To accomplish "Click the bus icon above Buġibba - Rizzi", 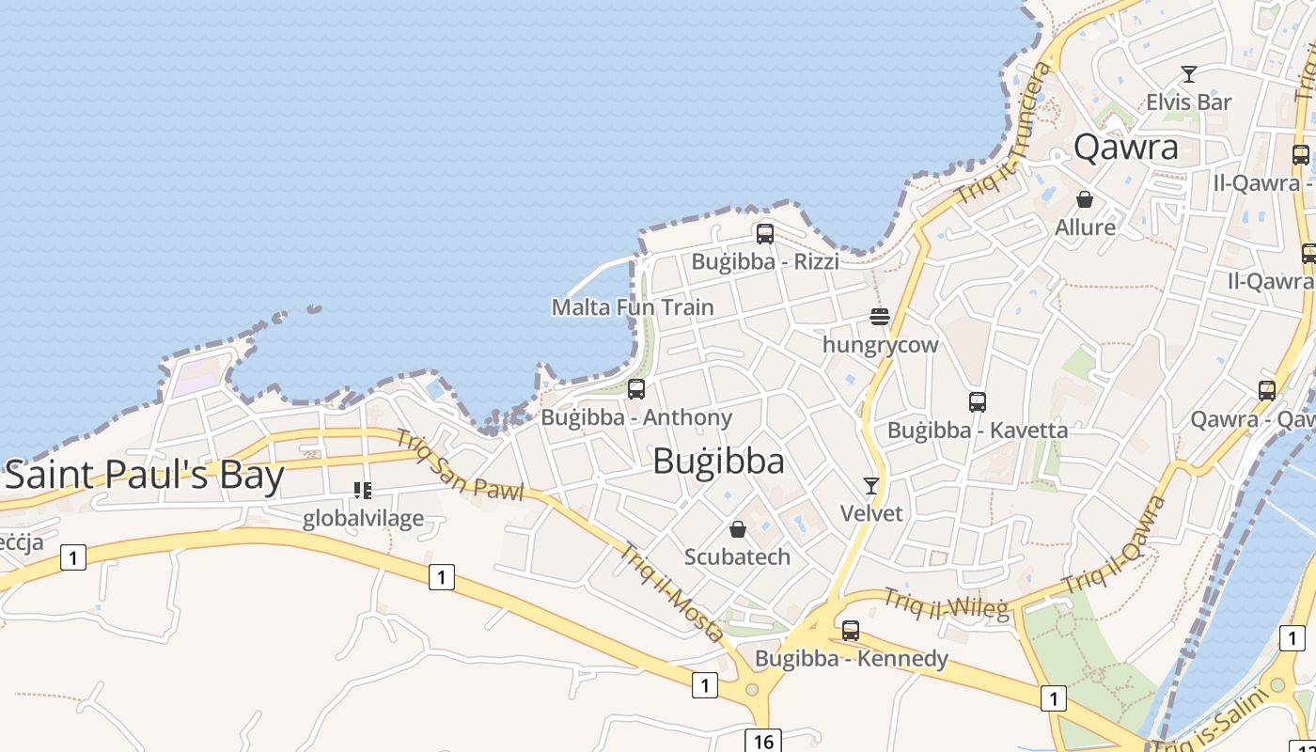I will click(x=765, y=234).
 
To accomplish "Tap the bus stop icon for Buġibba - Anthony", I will click(x=636, y=389).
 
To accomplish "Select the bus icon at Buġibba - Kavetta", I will click(x=978, y=402).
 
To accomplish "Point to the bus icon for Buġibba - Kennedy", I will click(x=851, y=631).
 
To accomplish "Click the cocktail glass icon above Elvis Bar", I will click(x=1189, y=74).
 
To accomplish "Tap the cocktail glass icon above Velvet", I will click(x=871, y=486).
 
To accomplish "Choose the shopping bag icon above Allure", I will click(x=1085, y=199).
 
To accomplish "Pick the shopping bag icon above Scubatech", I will click(x=738, y=529).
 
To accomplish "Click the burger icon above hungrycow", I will click(x=880, y=317).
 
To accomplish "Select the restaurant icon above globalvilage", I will click(x=363, y=490).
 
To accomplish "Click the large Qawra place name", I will click(x=1125, y=148).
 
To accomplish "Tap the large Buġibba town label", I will click(x=718, y=462).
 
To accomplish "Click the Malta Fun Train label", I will click(x=632, y=307).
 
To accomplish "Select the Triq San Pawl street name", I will click(x=459, y=464).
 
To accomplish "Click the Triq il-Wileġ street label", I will click(x=946, y=603).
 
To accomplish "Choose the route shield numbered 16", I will click(x=763, y=742).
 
